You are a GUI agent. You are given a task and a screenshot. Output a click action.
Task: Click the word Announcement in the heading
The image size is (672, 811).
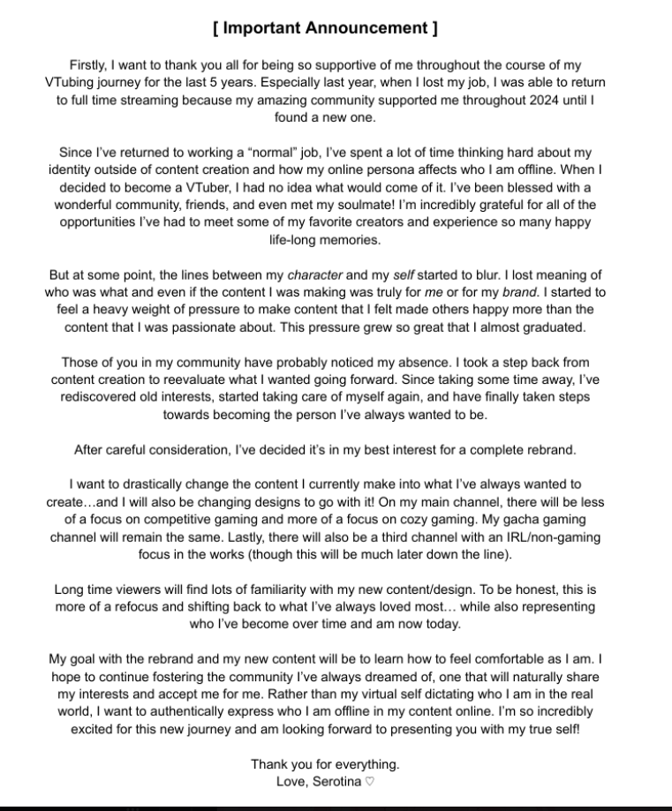click(x=366, y=28)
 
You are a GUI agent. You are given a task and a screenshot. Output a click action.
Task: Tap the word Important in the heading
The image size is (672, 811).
click(x=263, y=28)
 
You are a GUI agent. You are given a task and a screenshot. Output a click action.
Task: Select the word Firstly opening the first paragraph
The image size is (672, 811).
click(x=91, y=66)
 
